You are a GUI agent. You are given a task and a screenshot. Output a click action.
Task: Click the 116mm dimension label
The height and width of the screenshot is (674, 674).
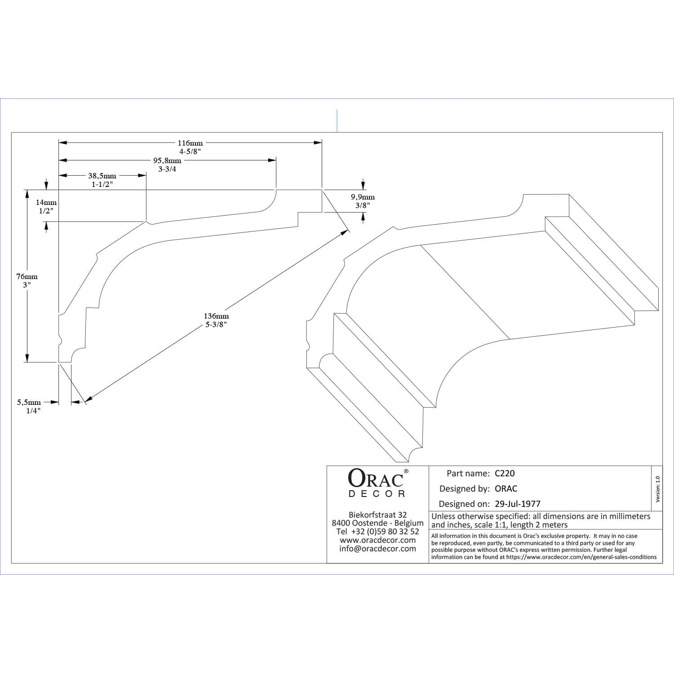[190, 143]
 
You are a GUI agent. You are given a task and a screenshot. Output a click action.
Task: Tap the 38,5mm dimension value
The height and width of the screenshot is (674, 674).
[102, 176]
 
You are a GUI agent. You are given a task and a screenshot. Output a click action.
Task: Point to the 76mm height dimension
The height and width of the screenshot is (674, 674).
[27, 276]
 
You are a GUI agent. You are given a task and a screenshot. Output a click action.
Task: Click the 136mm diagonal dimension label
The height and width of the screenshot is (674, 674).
[216, 316]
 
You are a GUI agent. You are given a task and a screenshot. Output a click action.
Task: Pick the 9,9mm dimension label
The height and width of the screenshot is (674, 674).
[363, 197]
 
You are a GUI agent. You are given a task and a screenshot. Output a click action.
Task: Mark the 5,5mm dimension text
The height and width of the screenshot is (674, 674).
[29, 402]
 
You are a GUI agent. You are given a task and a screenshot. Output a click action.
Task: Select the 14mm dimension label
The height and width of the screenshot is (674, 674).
[46, 202]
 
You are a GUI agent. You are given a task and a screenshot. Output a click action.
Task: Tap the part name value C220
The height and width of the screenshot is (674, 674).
[505, 473]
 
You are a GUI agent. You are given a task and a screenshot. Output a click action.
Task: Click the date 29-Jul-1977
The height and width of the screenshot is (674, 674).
[518, 504]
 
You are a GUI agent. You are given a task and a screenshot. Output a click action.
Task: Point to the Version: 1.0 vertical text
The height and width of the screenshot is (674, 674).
[658, 489]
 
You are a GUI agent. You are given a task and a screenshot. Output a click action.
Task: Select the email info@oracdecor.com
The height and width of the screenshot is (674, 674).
[377, 549]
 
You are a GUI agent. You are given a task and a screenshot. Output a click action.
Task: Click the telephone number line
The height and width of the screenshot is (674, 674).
[377, 532]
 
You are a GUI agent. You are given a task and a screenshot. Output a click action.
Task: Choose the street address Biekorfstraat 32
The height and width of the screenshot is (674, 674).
[377, 515]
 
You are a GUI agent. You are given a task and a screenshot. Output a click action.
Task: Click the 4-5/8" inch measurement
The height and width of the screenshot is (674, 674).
[190, 152]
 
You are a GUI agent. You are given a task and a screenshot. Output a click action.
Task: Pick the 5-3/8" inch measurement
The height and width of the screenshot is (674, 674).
[216, 324]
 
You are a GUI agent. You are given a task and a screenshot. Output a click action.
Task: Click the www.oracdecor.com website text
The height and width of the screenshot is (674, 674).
[377, 540]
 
